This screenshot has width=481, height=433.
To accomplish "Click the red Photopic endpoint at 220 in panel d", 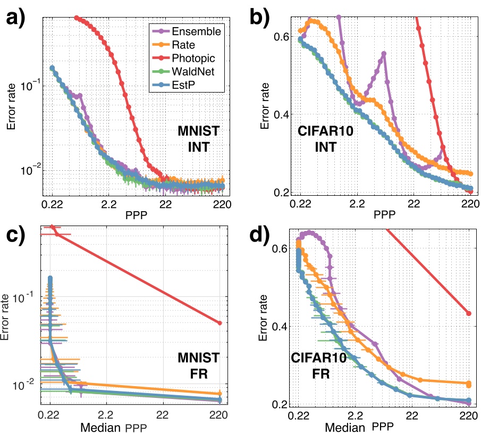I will [469, 313].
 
